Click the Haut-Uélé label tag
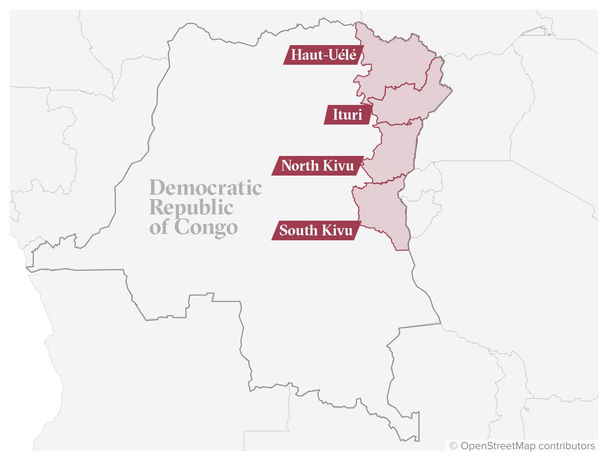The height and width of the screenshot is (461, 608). click(x=323, y=55)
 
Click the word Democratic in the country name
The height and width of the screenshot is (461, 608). click(x=205, y=188)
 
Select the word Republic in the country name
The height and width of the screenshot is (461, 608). click(x=191, y=207)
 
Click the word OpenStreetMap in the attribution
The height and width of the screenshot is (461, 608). click(x=498, y=446)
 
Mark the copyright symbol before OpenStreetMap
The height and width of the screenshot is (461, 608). click(x=454, y=446)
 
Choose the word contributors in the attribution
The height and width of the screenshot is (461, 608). click(x=566, y=446)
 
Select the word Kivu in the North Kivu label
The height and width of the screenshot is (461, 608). click(x=339, y=166)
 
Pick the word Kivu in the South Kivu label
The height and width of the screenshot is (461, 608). click(x=337, y=230)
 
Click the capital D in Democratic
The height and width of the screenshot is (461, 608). click(x=158, y=188)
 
